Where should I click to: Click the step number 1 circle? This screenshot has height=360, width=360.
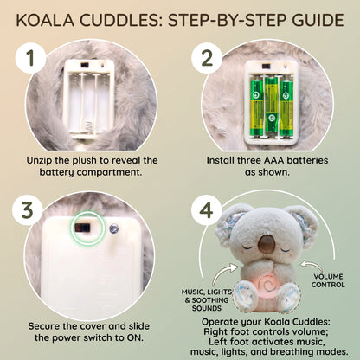coord(30,58)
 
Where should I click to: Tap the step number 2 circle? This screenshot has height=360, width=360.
coord(207,58)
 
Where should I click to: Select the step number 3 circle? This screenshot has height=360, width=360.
coord(28,209)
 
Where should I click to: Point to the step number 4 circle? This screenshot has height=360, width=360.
coord(207,209)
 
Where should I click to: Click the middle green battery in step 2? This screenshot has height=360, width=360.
coord(271,106)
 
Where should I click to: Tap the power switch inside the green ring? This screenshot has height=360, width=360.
coord(82,228)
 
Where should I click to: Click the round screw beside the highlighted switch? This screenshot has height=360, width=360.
coord(114,229)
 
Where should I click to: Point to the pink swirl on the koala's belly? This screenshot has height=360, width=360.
coord(269,284)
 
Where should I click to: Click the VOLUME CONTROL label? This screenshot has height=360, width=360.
coord(328,280)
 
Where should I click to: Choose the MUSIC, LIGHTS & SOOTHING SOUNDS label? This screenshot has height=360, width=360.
coord(207,300)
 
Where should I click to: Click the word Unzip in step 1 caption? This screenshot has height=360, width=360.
coord(39,161)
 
